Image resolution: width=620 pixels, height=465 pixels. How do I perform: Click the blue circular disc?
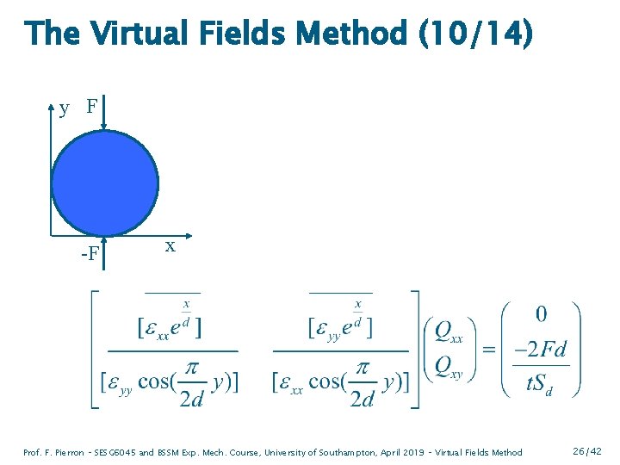click(104, 183)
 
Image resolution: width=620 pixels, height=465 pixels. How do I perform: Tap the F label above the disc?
click(91, 108)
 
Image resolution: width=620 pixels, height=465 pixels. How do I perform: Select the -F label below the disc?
click(89, 255)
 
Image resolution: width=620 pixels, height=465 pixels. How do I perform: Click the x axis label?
click(170, 246)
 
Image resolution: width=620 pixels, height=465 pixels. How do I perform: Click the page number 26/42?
click(586, 451)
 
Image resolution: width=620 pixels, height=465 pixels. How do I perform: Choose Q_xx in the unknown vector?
click(448, 332)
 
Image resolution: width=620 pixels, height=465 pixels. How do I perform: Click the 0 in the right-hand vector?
click(541, 314)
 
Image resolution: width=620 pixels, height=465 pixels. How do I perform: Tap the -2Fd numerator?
click(540, 350)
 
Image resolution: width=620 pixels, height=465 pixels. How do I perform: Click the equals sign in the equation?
click(488, 350)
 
